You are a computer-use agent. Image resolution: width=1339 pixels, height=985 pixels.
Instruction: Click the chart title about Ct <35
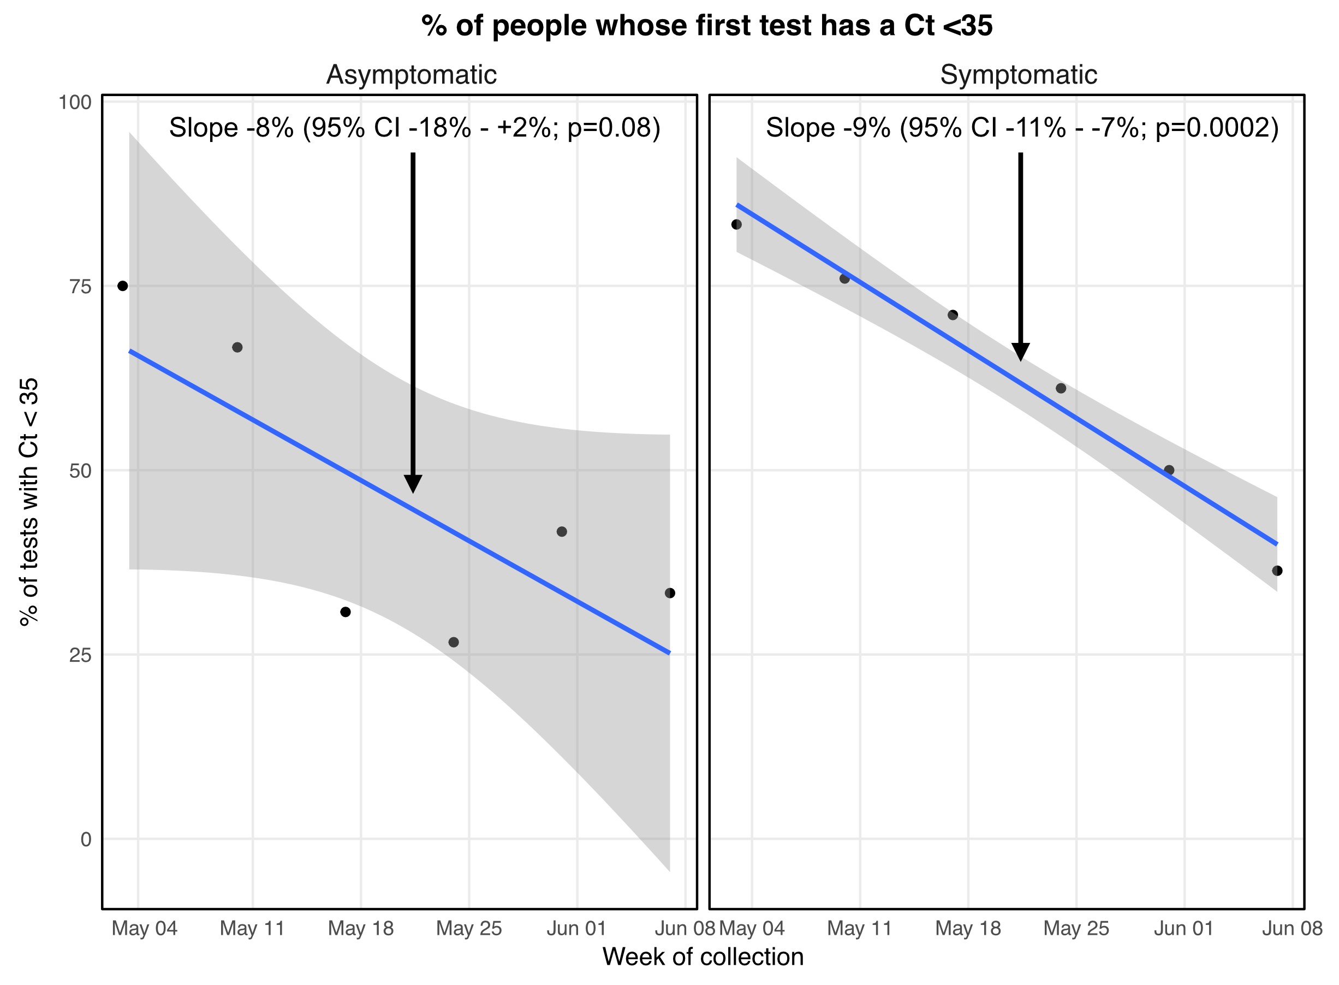tap(706, 26)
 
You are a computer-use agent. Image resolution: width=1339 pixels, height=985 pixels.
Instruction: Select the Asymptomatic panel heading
tap(412, 75)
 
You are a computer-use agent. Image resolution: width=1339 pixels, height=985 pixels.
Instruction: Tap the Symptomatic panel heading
tap(1018, 75)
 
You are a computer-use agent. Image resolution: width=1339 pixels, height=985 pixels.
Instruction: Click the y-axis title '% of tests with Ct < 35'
tap(28, 502)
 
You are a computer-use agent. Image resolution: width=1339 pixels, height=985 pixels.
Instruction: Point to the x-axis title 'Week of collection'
tap(703, 957)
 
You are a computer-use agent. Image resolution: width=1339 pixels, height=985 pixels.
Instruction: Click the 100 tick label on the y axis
tap(75, 103)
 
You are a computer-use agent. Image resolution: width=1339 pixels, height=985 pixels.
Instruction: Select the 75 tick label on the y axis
tap(80, 287)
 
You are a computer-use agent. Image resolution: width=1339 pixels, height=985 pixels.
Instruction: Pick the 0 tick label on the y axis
tap(86, 840)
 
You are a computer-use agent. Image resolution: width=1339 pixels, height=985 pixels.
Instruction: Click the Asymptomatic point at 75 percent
tap(123, 286)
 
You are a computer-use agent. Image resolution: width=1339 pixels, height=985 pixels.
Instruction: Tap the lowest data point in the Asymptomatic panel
tap(454, 642)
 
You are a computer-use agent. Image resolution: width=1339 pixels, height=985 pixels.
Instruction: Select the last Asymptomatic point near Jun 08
tap(670, 594)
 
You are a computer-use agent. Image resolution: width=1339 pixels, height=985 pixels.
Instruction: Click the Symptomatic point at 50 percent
tap(1169, 471)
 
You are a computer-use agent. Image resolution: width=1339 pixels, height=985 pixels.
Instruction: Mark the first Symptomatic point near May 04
tap(737, 225)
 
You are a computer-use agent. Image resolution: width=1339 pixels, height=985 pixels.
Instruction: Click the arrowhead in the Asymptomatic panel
tap(413, 484)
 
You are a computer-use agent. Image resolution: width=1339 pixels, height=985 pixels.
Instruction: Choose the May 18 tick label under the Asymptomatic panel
tap(361, 929)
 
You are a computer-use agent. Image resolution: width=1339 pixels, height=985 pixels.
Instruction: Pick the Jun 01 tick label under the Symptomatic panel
tap(1184, 929)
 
